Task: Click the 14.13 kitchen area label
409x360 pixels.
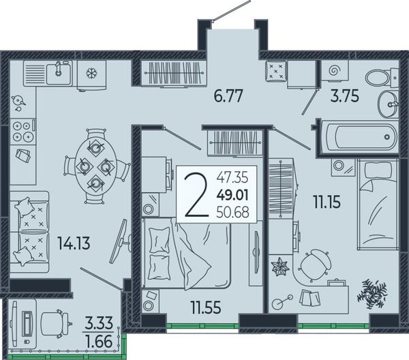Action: tap(74, 243)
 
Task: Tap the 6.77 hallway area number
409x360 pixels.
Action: tap(228, 96)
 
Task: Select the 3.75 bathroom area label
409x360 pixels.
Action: tap(344, 96)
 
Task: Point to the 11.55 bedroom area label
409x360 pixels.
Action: tap(206, 307)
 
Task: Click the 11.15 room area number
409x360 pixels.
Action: tap(327, 202)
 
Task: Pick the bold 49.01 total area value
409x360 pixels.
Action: tap(232, 195)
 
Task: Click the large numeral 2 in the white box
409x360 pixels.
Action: tap(196, 196)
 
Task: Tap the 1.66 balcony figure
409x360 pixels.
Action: tap(100, 342)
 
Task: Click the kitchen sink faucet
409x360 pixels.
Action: tap(59, 68)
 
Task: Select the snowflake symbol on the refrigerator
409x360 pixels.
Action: tap(91, 73)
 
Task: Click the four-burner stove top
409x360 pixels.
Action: tap(22, 132)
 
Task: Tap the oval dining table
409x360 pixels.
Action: tap(95, 166)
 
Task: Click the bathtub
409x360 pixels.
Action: tap(359, 136)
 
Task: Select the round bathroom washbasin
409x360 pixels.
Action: tap(388, 104)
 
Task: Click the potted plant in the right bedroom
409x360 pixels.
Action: tap(372, 294)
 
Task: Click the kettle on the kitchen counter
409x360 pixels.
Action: tap(18, 101)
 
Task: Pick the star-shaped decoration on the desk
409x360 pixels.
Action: tap(280, 267)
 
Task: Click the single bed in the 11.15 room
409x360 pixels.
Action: tap(378, 205)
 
